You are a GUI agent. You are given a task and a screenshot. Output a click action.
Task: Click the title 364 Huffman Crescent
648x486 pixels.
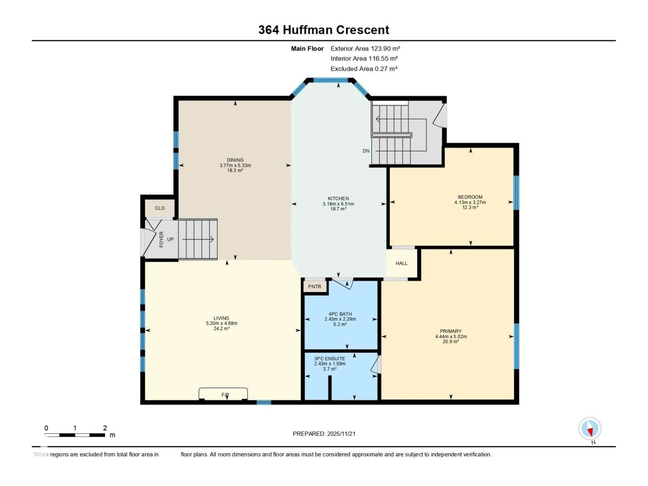click(x=324, y=30)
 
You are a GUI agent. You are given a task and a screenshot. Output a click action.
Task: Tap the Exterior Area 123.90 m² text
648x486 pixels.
click(x=365, y=49)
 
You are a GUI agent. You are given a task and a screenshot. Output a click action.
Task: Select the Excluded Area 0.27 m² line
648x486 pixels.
click(x=364, y=69)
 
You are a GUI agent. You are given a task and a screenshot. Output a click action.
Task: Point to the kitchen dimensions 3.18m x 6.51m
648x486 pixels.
click(x=338, y=204)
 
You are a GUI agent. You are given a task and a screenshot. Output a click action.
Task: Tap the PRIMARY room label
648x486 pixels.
click(x=451, y=331)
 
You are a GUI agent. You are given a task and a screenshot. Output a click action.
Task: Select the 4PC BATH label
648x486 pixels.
click(x=340, y=314)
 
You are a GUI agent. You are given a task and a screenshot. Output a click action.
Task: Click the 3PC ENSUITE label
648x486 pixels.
click(x=330, y=359)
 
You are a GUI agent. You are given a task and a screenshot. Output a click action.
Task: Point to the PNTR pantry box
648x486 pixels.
click(x=315, y=287)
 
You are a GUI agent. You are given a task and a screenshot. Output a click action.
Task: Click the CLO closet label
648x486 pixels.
click(x=160, y=208)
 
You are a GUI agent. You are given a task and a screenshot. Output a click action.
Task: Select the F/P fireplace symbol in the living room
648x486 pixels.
click(x=225, y=395)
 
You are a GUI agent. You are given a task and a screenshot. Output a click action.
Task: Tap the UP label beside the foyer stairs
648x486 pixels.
click(x=170, y=239)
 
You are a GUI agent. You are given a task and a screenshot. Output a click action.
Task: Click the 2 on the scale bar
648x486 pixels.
click(x=105, y=428)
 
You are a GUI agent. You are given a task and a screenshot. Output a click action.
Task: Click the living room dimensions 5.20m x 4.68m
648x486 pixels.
click(x=221, y=323)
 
